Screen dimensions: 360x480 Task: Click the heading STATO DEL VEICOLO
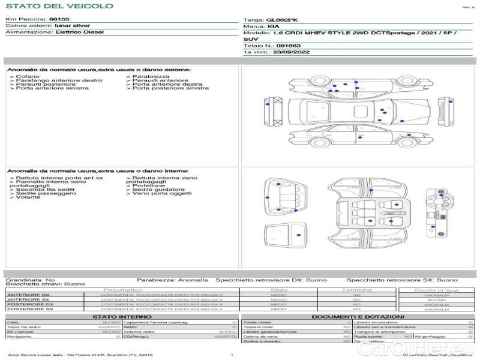[x=59, y=6]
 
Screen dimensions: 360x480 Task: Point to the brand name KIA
[x=272, y=27]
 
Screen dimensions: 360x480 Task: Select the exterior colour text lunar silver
[x=73, y=26]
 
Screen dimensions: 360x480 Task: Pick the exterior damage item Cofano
[x=28, y=76]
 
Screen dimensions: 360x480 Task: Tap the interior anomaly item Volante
[x=28, y=197]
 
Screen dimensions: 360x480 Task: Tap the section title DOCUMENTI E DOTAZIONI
[x=358, y=317]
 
